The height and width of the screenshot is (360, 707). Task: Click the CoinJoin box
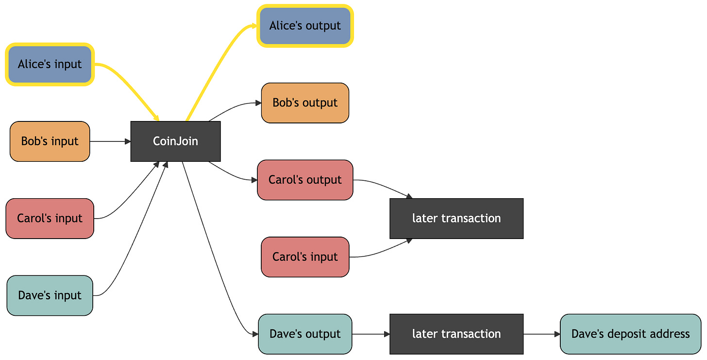(175, 141)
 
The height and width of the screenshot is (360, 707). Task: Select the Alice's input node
(50, 65)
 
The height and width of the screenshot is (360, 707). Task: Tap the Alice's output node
(305, 26)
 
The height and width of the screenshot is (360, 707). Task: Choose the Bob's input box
(50, 141)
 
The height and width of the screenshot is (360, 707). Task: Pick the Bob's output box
(305, 103)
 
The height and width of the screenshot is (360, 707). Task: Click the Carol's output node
(305, 180)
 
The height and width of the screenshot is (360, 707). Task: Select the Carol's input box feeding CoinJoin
(50, 219)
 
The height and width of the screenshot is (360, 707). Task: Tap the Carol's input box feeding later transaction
(305, 257)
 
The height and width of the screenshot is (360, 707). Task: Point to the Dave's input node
(50, 295)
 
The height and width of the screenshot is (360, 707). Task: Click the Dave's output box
(305, 334)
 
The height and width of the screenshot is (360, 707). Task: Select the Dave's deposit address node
(631, 334)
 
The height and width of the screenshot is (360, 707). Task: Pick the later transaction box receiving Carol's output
(456, 219)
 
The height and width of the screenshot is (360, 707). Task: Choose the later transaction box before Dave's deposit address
(456, 334)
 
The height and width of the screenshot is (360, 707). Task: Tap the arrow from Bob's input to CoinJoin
(110, 141)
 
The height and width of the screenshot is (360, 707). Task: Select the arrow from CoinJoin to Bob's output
(234, 108)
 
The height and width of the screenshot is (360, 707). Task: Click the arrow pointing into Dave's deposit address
(541, 334)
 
